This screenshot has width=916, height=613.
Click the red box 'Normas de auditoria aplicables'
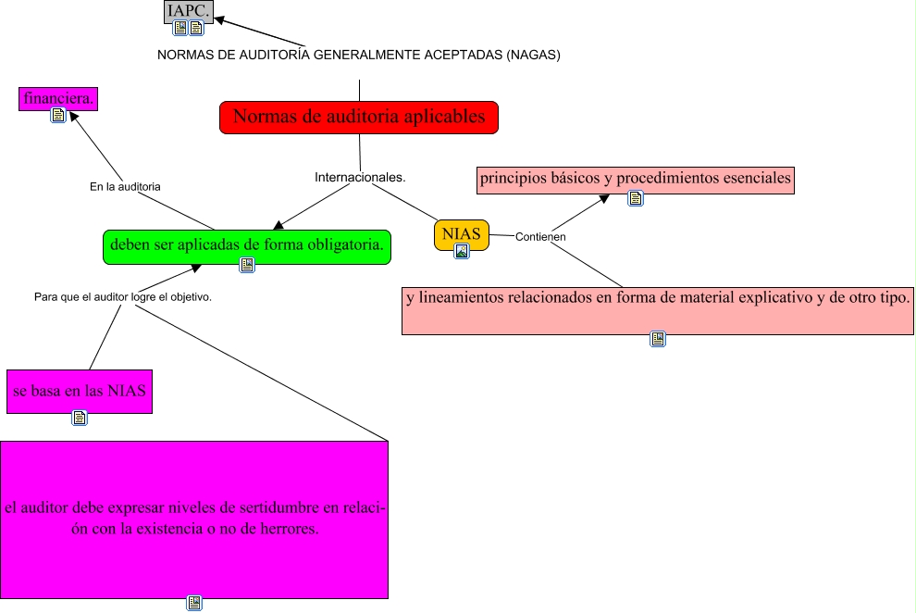(359, 118)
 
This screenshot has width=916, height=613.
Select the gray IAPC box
(189, 11)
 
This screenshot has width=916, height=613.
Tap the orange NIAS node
(461, 233)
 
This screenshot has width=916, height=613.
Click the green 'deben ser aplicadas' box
(246, 246)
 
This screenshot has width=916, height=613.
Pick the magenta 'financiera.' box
(59, 97)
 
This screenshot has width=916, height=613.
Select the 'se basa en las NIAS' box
(79, 391)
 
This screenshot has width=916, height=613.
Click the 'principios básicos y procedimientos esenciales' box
(636, 179)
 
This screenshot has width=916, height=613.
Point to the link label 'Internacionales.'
(361, 176)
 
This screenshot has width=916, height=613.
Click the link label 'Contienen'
(540, 236)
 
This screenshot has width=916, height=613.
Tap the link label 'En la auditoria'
(125, 186)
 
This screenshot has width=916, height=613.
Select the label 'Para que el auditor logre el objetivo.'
(123, 297)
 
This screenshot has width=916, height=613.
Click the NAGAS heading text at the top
(359, 55)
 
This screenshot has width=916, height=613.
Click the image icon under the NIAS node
(462, 250)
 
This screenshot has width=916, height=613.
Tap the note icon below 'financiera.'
(58, 116)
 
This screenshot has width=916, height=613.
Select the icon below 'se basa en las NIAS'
(80, 418)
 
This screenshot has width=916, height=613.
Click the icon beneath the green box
(246, 266)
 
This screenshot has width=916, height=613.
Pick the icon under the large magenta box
(193, 603)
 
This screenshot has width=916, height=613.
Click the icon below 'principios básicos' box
(636, 198)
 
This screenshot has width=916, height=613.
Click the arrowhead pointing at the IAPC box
(220, 21)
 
